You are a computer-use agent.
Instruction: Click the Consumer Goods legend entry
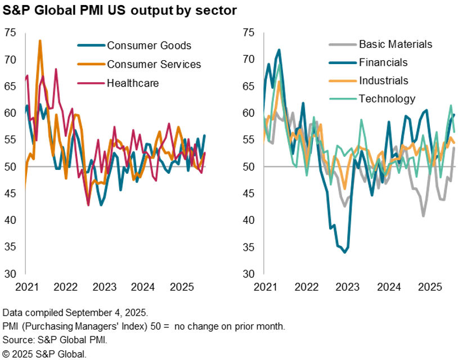[x=149, y=46]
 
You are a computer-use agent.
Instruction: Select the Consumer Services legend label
[x=154, y=64]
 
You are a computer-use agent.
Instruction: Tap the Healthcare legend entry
[x=133, y=83]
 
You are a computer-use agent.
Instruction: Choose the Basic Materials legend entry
[x=395, y=44]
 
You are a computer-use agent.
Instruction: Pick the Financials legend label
[x=383, y=62]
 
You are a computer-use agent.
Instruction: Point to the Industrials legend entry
[x=383, y=80]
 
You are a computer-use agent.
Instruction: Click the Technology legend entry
[x=387, y=99]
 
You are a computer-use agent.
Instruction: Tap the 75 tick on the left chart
[x=10, y=33]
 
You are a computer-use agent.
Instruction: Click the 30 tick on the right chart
[x=249, y=274]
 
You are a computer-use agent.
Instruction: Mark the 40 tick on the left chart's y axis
[x=10, y=220]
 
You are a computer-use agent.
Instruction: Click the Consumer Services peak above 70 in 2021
[x=40, y=41]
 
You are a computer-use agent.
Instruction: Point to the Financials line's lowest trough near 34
[x=344, y=252]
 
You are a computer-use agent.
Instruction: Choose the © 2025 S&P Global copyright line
[x=45, y=354]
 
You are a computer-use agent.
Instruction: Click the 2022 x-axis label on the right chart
[x=306, y=287]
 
